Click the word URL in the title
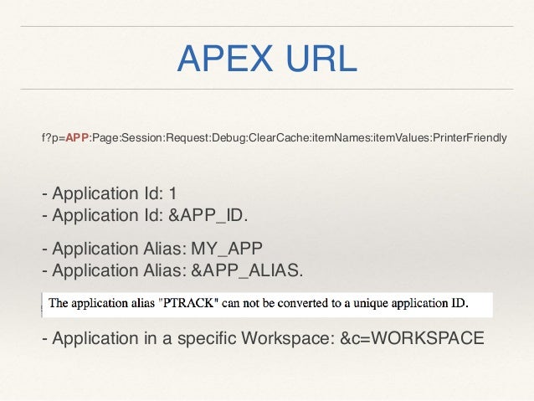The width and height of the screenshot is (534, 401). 321,59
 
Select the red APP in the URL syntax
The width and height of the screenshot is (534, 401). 77,137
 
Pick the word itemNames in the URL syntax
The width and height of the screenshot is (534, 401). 340,137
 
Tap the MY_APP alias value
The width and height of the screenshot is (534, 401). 227,249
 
